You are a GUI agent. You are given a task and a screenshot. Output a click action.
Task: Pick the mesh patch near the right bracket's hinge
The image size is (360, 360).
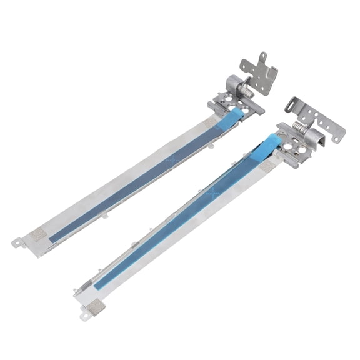[270, 164]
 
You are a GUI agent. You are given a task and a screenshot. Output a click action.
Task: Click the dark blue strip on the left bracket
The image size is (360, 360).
[137, 179]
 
